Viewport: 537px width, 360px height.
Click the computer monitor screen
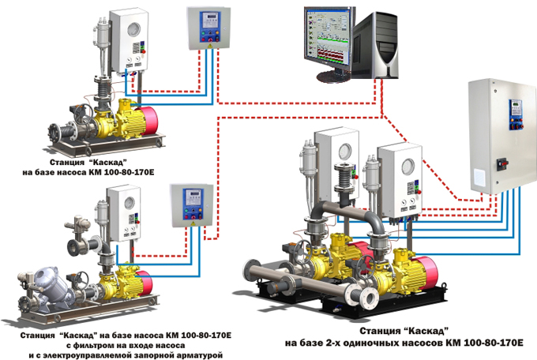pyautogui.click(x=328, y=38)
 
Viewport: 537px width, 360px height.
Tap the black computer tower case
pyautogui.click(x=375, y=44)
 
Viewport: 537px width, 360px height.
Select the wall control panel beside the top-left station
pyautogui.click(x=208, y=28)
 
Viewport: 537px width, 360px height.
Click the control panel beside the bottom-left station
pyautogui.click(x=192, y=204)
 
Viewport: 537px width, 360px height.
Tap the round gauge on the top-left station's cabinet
pyautogui.click(x=134, y=30)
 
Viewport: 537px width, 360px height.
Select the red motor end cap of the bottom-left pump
pyautogui.click(x=147, y=283)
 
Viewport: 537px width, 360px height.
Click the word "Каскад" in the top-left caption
pyautogui.click(x=108, y=162)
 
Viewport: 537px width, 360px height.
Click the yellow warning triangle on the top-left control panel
pyautogui.click(x=210, y=44)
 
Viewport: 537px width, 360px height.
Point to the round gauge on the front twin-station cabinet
pyautogui.click(x=408, y=167)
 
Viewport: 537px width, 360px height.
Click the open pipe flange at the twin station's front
pyautogui.click(x=369, y=298)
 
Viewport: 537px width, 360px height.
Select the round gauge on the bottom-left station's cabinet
pyautogui.click(x=129, y=204)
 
